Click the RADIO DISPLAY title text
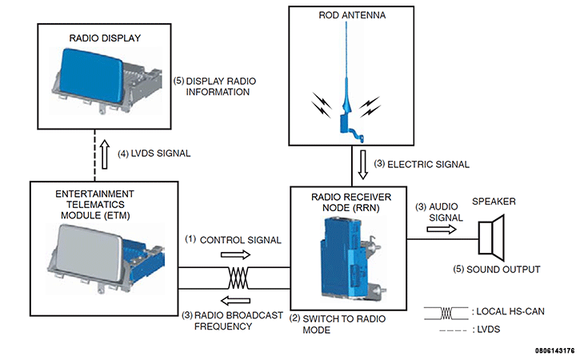coord(105,38)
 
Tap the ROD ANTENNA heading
coord(352,15)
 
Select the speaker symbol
coord(491,238)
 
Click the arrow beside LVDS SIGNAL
coord(105,154)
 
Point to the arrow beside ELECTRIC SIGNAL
coord(363,165)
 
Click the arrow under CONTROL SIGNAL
coord(235,254)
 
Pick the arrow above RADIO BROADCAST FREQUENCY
coord(235,301)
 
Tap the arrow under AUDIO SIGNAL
coord(442,230)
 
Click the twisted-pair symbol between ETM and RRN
coord(238,278)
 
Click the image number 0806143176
coord(554,350)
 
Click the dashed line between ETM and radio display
coord(95,155)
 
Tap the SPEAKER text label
coord(494,202)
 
